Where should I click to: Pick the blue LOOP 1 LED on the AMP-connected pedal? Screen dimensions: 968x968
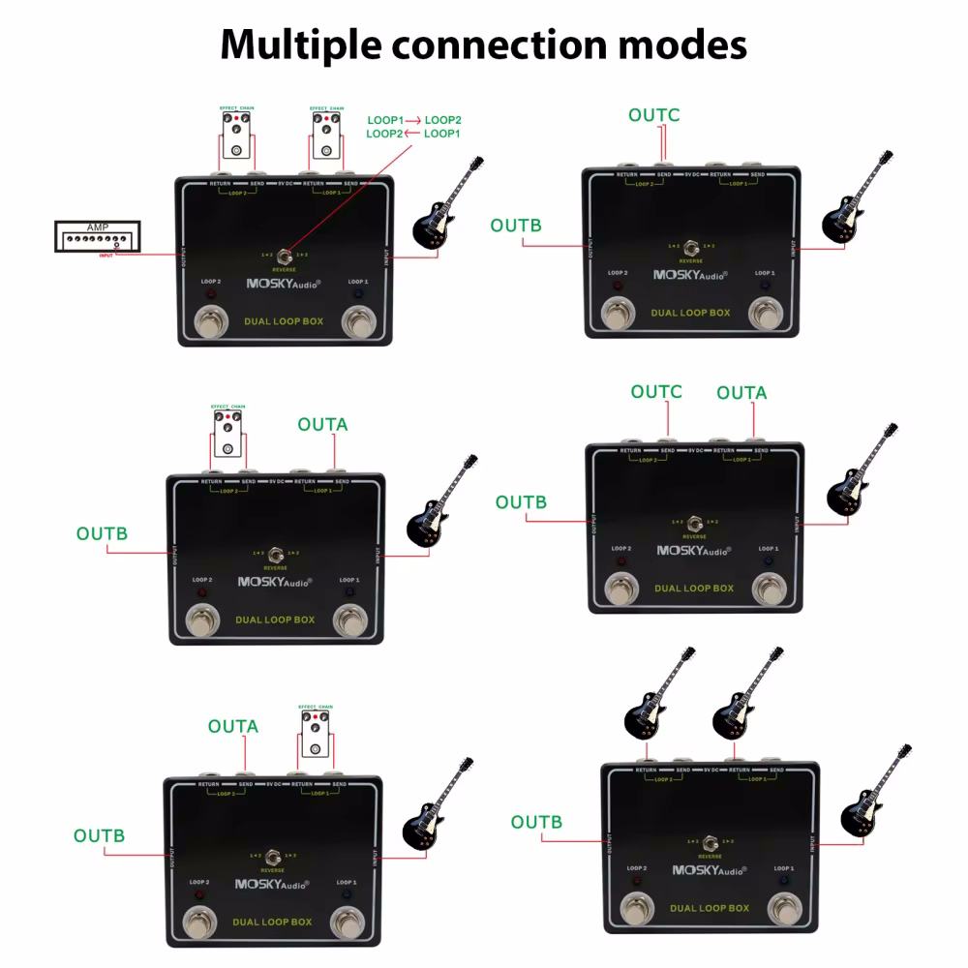click(357, 293)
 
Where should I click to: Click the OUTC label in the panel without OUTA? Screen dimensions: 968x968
click(654, 115)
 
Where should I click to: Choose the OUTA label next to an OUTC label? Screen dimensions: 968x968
click(741, 392)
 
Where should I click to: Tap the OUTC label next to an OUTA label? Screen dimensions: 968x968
click(656, 392)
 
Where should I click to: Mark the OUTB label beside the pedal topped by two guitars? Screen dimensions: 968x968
click(536, 822)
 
